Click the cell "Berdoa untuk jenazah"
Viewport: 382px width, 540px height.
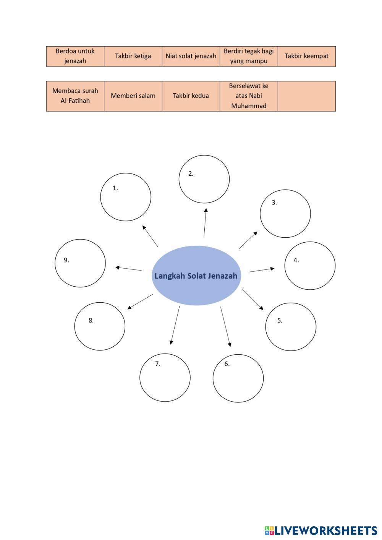point(75,56)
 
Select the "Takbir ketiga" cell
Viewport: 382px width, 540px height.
point(133,56)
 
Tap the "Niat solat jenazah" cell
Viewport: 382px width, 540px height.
point(191,56)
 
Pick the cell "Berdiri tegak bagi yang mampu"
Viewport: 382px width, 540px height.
point(249,56)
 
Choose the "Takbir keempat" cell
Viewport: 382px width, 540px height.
point(306,56)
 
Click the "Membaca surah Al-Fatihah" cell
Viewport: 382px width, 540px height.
point(75,96)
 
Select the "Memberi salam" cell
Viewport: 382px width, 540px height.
point(133,96)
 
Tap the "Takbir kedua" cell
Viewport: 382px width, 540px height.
point(191,96)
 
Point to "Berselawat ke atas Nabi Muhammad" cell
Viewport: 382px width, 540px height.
point(249,96)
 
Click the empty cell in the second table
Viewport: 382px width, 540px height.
point(306,96)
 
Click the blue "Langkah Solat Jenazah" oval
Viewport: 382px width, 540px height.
point(196,276)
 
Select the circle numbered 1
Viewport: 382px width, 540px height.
point(126,197)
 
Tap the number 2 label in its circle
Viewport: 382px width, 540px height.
point(191,174)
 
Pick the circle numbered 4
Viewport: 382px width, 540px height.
point(310,266)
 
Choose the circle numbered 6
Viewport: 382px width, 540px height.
point(238,378)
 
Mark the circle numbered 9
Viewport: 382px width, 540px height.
point(80,263)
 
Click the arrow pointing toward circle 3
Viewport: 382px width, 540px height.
point(248,240)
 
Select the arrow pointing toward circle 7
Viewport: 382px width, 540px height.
point(175,325)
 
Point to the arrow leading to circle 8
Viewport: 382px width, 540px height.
point(140,302)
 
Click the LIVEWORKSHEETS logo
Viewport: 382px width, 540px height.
point(321,530)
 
